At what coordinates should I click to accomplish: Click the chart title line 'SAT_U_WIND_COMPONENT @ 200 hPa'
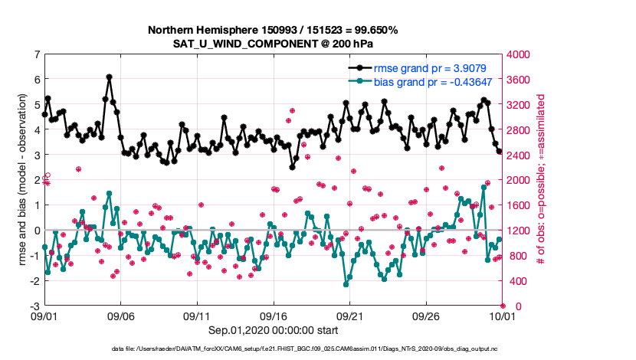point(273,44)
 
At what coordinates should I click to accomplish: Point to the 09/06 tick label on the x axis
point(121,316)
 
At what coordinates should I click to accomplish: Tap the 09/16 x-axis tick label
point(274,316)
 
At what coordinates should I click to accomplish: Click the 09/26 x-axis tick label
point(426,316)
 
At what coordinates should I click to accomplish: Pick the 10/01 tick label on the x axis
point(502,316)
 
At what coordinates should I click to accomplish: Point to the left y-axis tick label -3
point(34,306)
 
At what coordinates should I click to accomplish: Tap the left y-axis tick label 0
point(37,230)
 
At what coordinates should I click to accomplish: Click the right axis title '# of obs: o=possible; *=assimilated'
point(541,180)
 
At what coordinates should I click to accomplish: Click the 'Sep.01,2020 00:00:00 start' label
point(273,331)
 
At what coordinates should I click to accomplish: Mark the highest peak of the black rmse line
point(110,77)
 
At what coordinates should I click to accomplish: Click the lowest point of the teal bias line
point(346,284)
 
